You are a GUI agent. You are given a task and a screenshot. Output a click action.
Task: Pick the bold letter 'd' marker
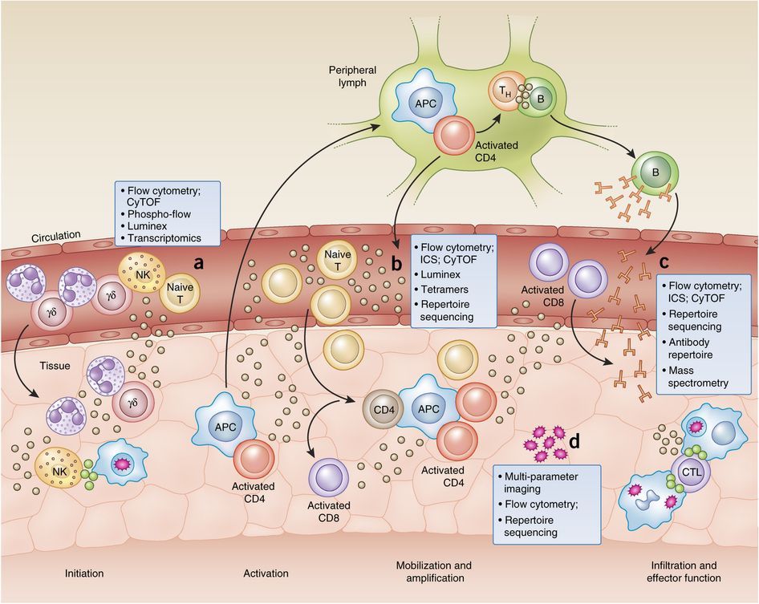[574, 440]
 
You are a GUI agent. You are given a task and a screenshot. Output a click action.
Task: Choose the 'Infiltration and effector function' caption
[688, 571]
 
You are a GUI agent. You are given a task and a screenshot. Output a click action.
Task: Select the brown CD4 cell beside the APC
[382, 407]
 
